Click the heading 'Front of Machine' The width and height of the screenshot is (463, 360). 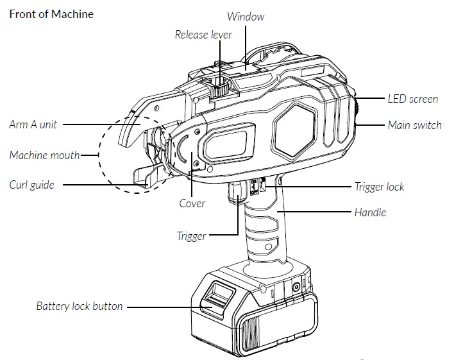[51, 14]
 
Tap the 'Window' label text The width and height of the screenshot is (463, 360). [246, 17]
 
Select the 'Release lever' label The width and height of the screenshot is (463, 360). [205, 35]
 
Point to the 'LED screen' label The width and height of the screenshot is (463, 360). [413, 99]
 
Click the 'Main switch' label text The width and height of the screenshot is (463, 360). [414, 124]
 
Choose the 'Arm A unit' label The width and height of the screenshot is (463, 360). [32, 124]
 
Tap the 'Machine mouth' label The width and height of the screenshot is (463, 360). [44, 155]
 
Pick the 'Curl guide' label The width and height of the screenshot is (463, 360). [31, 185]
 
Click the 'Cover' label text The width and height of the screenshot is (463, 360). [192, 203]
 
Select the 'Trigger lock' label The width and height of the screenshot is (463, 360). [379, 187]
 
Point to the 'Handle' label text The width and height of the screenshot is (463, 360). [370, 212]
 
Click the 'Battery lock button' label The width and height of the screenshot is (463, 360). [79, 306]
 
